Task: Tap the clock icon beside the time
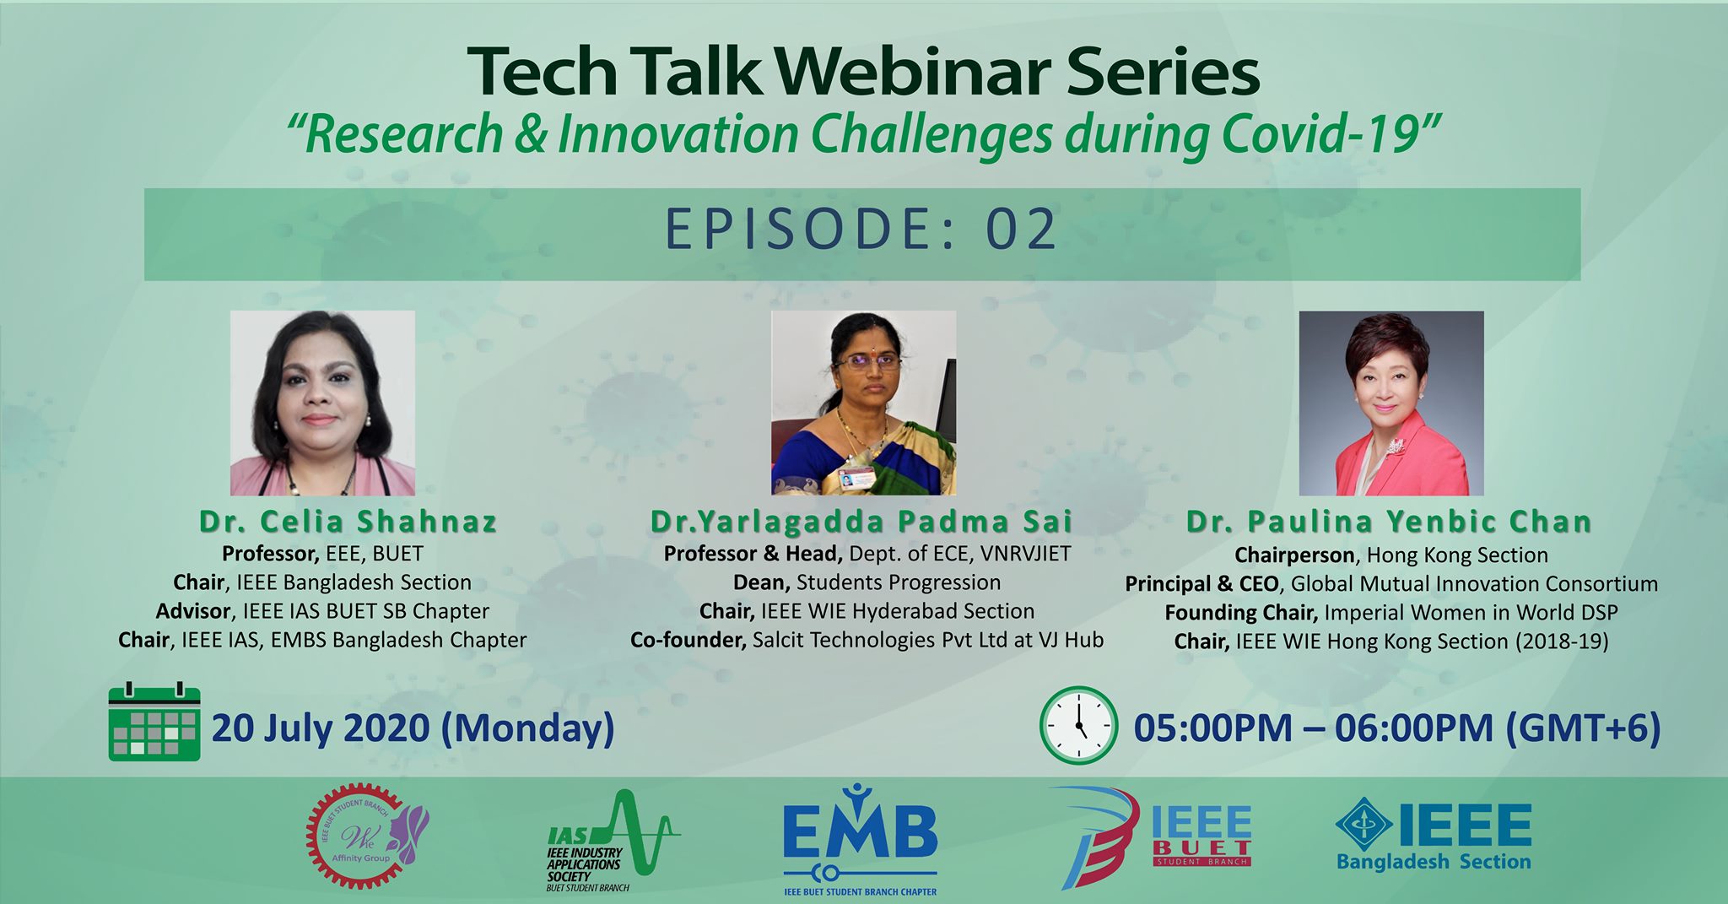click(x=1078, y=726)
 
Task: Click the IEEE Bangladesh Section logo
click(x=1434, y=835)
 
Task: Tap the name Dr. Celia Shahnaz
click(x=348, y=522)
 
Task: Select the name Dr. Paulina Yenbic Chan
click(x=1389, y=522)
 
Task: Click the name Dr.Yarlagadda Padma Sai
click(x=861, y=522)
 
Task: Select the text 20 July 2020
click(x=321, y=728)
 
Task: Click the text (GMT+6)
click(x=1583, y=728)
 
